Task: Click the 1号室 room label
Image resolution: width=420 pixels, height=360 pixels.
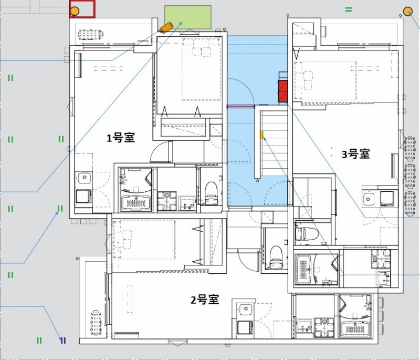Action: click(x=121, y=138)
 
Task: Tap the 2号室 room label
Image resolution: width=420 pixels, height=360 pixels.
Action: click(x=205, y=300)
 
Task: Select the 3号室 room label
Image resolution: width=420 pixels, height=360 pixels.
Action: click(x=356, y=154)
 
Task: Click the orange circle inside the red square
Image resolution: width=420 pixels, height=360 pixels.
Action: click(x=75, y=12)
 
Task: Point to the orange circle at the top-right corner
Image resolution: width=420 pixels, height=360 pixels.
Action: click(x=408, y=12)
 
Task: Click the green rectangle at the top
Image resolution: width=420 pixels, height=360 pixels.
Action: click(x=188, y=17)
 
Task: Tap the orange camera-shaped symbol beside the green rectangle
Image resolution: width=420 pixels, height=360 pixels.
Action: click(x=166, y=27)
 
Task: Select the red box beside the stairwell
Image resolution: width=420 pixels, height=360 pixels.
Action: click(x=283, y=91)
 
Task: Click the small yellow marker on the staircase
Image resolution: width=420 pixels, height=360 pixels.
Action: click(x=262, y=135)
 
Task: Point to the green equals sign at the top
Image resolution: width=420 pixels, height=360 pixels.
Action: click(x=349, y=9)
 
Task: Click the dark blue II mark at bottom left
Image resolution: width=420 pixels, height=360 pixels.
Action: click(x=63, y=341)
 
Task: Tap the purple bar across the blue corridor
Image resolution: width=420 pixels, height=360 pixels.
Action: click(x=241, y=106)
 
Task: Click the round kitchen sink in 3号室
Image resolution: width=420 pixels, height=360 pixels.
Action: click(x=369, y=199)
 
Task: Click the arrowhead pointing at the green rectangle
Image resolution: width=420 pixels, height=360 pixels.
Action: click(x=181, y=23)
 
